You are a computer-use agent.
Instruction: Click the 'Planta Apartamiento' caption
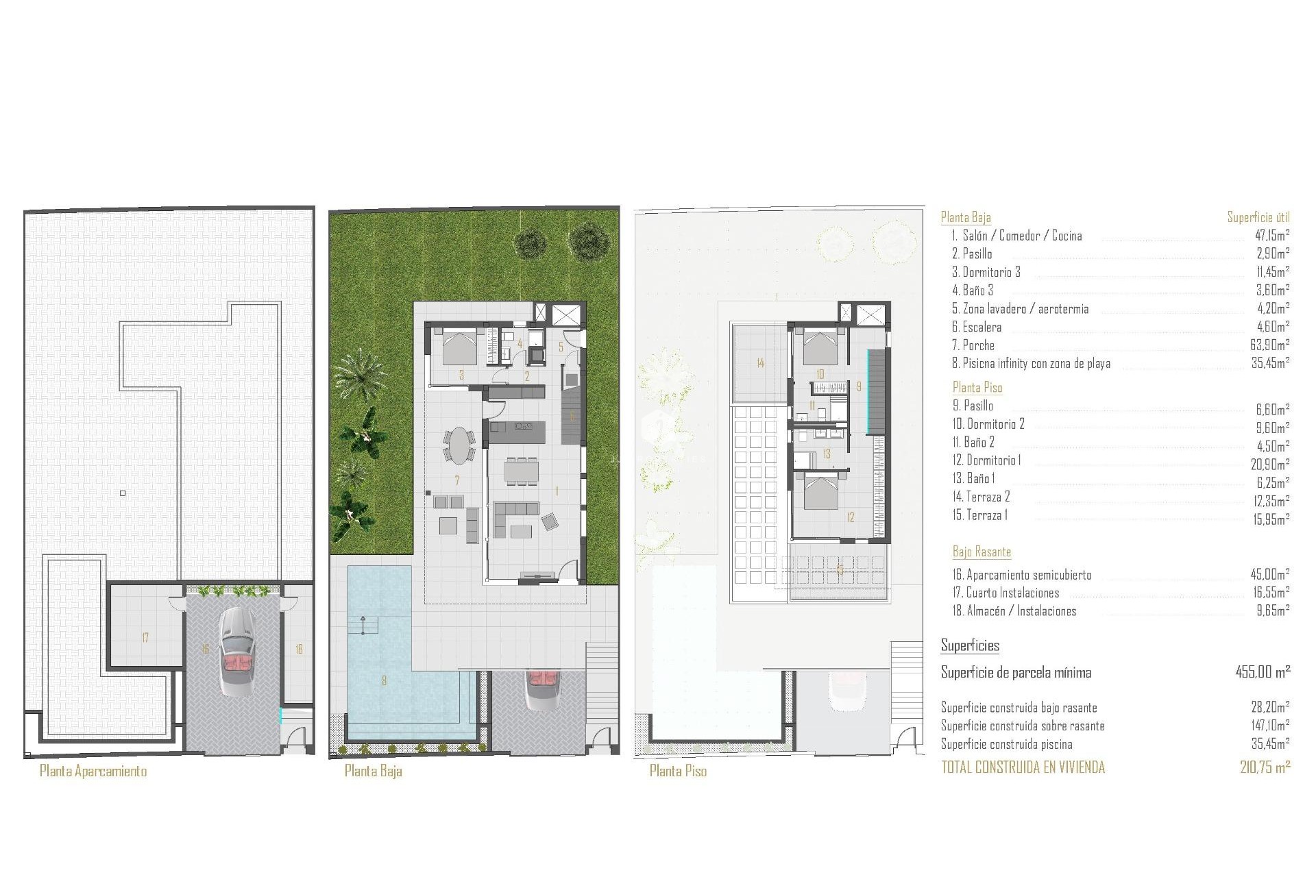(93, 771)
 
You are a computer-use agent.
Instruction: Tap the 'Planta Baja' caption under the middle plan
(373, 771)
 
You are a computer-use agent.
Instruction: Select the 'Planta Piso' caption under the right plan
(678, 771)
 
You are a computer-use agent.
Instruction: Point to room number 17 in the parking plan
(145, 638)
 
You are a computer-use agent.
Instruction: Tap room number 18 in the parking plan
(299, 649)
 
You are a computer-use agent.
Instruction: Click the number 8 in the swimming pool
(385, 680)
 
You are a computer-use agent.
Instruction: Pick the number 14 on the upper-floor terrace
(760, 363)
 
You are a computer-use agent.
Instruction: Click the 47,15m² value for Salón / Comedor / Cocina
(1270, 236)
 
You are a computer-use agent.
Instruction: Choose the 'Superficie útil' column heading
(1258, 217)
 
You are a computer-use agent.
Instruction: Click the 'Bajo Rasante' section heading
(982, 552)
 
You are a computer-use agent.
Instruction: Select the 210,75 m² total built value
(1265, 767)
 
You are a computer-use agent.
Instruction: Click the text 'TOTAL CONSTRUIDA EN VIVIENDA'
(1023, 767)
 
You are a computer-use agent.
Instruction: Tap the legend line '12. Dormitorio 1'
(986, 460)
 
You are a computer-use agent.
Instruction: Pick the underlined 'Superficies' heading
(970, 645)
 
